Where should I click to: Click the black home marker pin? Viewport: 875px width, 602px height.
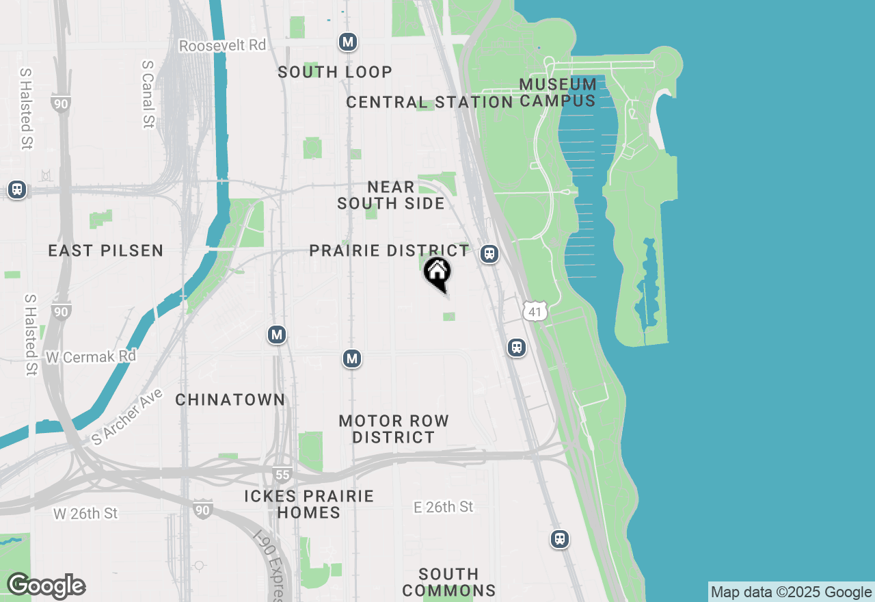point(437,273)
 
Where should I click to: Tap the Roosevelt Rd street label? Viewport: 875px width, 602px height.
point(222,45)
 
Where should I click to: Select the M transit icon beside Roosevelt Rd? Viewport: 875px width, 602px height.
point(348,42)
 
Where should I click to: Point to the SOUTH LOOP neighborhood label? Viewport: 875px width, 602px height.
point(335,72)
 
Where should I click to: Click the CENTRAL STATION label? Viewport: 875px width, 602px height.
point(429,103)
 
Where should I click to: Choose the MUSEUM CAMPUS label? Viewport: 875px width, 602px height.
point(558,92)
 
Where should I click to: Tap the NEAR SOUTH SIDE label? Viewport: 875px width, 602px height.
point(391,195)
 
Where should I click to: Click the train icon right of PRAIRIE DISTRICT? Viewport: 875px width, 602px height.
point(489,254)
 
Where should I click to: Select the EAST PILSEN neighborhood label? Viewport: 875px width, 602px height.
point(106,250)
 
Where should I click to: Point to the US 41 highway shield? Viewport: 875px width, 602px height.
point(535,312)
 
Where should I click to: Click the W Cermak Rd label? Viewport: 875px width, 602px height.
point(91,356)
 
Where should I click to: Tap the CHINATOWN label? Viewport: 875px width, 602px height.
point(230,400)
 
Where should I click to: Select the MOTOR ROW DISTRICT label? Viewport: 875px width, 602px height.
point(394,429)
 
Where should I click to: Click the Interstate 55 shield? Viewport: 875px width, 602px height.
point(280,475)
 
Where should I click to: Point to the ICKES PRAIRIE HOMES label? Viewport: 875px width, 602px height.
point(309,504)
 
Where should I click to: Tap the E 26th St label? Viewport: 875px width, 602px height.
point(444,507)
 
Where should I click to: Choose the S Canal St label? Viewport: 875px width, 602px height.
point(148,94)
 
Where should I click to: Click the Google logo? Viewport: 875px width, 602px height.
point(46,586)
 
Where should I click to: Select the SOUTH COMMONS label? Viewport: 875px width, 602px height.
point(449,582)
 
